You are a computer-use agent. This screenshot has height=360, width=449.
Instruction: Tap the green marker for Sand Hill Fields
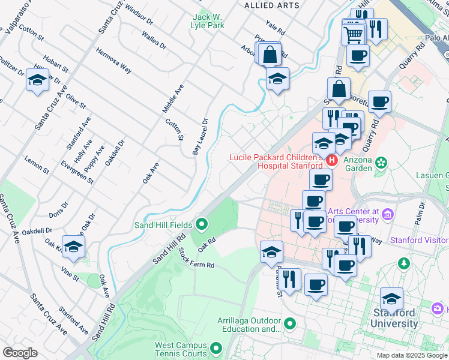[x=202, y=225]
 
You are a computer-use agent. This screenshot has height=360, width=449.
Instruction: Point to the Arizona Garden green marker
[x=383, y=163]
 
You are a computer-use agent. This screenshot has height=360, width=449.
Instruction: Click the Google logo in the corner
[x=20, y=353]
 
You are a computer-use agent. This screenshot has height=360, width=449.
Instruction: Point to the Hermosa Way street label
[x=113, y=60]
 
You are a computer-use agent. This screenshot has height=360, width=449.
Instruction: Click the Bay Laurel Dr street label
[x=200, y=136]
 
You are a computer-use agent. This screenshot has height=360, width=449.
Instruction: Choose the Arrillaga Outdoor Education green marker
[x=290, y=324]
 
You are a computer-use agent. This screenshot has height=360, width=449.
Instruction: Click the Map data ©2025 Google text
[x=412, y=355]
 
